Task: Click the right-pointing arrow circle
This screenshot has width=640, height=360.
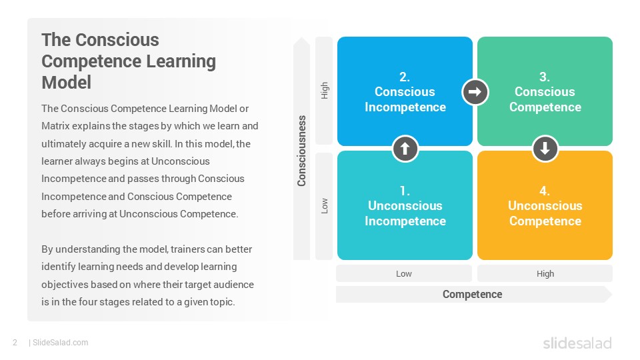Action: point(475,92)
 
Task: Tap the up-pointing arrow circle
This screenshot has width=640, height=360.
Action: point(405,149)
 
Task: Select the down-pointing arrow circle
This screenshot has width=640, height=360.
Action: point(545,149)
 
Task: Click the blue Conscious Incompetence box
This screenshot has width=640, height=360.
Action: point(405,91)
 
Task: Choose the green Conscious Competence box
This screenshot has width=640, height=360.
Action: point(545,91)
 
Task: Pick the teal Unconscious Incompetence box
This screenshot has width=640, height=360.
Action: point(405,205)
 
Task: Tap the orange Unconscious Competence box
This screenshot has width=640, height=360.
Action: point(545,205)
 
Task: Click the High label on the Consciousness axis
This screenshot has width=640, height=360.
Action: point(325,90)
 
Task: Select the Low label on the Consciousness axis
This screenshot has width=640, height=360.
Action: point(325,206)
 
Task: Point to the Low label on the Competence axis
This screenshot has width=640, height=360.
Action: point(404,273)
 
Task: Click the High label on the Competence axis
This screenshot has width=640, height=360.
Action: point(545,273)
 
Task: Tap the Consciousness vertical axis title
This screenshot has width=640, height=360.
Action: point(301,151)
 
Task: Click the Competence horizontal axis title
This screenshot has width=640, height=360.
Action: point(472,294)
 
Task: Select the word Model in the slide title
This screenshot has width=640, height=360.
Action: point(66,83)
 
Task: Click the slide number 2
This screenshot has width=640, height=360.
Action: point(15,343)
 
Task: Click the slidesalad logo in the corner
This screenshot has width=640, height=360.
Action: point(577,343)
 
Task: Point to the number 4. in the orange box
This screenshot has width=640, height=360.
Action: point(545,191)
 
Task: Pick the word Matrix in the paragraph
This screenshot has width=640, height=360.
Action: point(55,126)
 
